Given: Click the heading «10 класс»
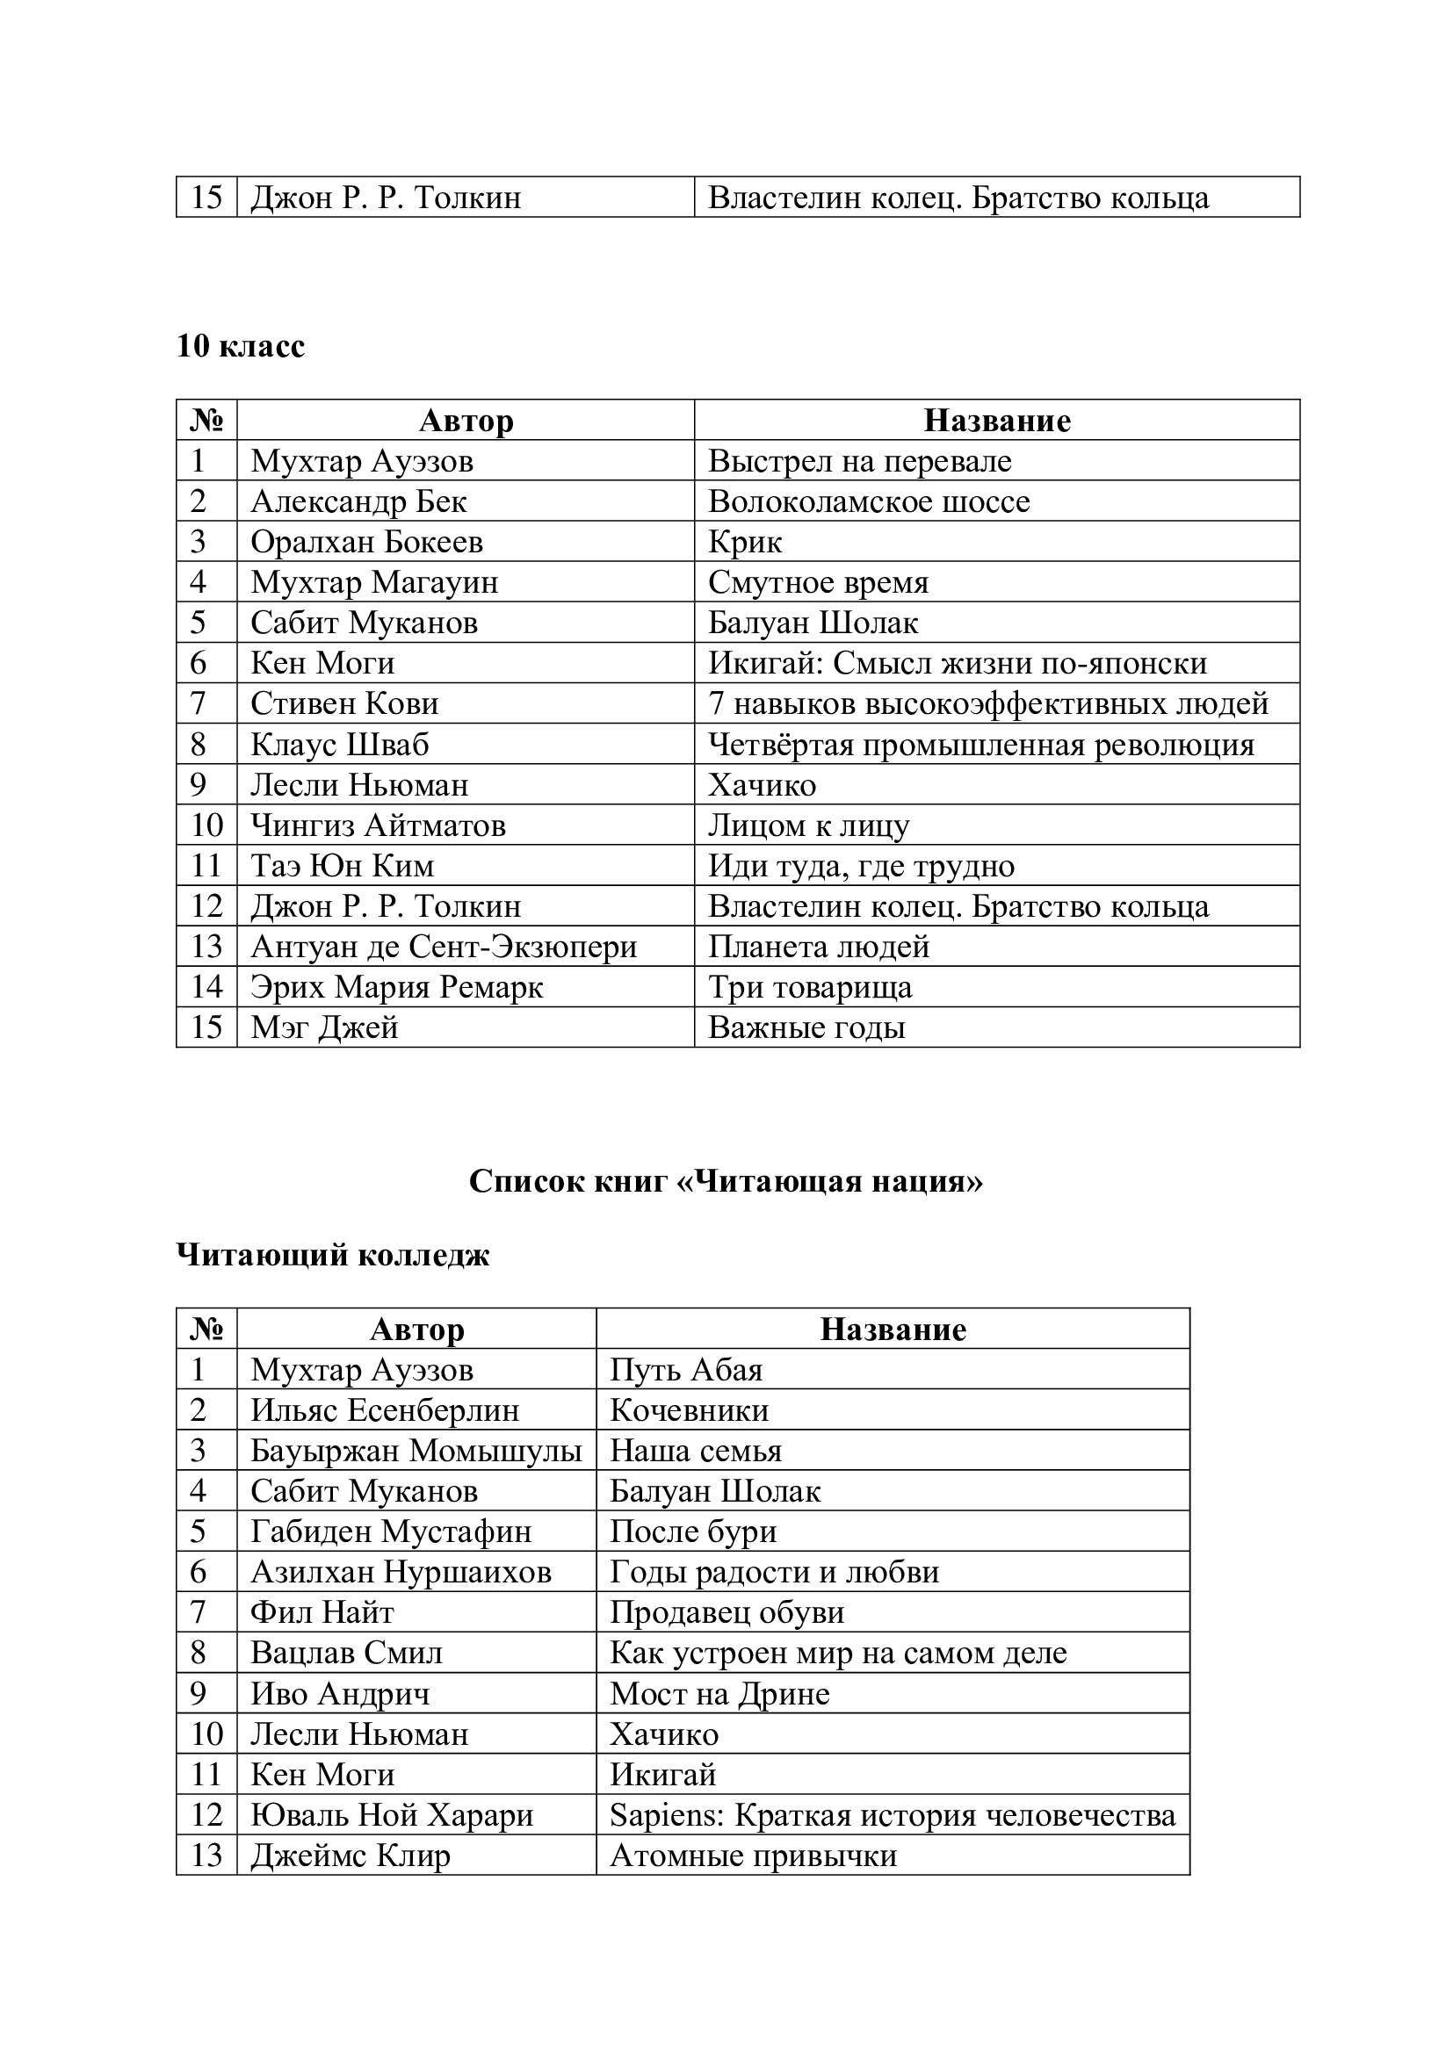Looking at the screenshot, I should [x=240, y=345].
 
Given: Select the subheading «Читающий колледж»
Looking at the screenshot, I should [x=333, y=1255].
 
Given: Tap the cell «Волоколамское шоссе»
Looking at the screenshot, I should [x=869, y=501].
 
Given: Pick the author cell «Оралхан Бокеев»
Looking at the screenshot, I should [x=367, y=542].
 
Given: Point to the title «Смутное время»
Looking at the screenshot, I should [x=818, y=582].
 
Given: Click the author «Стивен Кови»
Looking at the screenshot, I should [x=344, y=704].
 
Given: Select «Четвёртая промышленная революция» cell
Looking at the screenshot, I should [x=980, y=745].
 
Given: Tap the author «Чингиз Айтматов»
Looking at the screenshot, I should [x=378, y=825].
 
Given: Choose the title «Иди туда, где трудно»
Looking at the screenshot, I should [x=861, y=866].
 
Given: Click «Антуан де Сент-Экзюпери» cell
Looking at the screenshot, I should [x=444, y=947].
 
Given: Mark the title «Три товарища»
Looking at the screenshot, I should [x=810, y=988].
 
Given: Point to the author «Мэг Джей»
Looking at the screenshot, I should [x=324, y=1027].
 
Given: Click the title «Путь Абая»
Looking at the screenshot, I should [x=686, y=1370].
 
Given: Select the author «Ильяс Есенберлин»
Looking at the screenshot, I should [x=385, y=1411].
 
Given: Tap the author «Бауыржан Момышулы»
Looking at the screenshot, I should [x=416, y=1451].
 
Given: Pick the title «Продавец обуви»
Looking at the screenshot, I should [x=726, y=1612].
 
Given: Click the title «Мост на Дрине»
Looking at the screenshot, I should [x=719, y=1693].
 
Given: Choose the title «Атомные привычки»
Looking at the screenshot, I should [x=753, y=1856].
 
